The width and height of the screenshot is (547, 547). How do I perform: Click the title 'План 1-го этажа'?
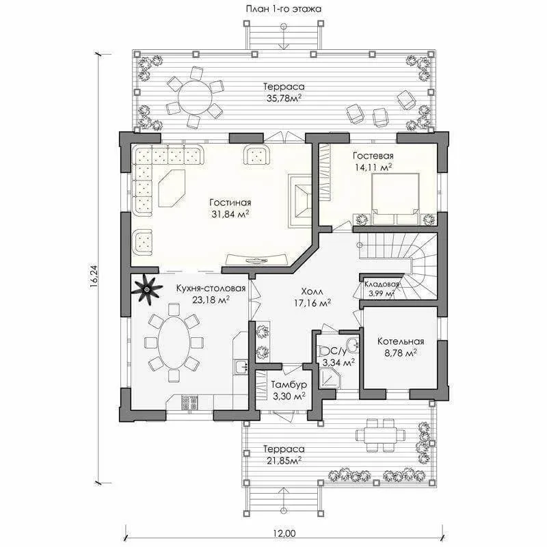click(283, 9)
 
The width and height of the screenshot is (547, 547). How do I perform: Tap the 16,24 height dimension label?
click(94, 276)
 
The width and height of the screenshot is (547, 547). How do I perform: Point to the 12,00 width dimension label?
click(284, 533)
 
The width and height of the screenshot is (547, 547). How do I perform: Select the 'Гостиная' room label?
click(230, 202)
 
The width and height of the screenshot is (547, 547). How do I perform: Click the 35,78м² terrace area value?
click(284, 98)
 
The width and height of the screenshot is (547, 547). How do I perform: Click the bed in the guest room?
click(395, 199)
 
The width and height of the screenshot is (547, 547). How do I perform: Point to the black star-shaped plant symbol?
click(147, 289)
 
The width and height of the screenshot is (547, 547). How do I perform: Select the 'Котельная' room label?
click(401, 341)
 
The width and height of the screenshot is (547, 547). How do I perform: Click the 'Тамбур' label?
click(289, 384)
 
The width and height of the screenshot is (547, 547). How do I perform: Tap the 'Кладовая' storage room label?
click(382, 284)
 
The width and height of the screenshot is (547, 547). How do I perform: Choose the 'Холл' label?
click(312, 291)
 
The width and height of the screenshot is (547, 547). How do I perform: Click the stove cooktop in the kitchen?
click(189, 403)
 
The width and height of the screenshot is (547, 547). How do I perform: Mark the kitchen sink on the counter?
click(241, 366)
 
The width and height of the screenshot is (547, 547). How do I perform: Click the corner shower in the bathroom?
click(328, 379)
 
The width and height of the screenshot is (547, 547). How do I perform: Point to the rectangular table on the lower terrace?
click(380, 435)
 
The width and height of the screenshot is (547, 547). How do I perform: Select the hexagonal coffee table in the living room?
click(172, 189)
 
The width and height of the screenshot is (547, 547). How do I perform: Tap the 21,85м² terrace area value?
click(284, 461)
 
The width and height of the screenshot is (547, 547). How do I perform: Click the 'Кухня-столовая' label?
click(211, 289)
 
